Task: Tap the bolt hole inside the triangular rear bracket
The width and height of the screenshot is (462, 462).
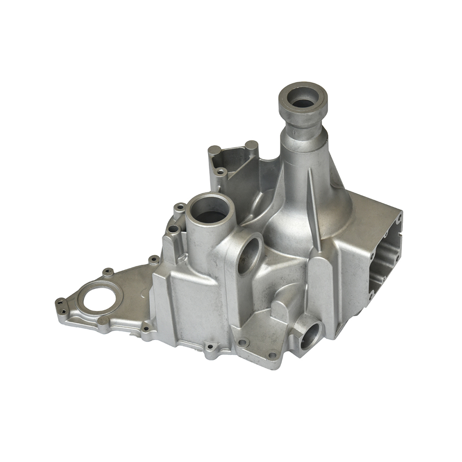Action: coord(221,172)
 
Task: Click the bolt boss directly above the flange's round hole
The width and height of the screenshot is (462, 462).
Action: coord(108,272)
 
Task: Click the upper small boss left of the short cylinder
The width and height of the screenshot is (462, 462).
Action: coord(180,207)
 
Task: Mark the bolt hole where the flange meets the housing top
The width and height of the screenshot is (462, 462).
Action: coord(154,260)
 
